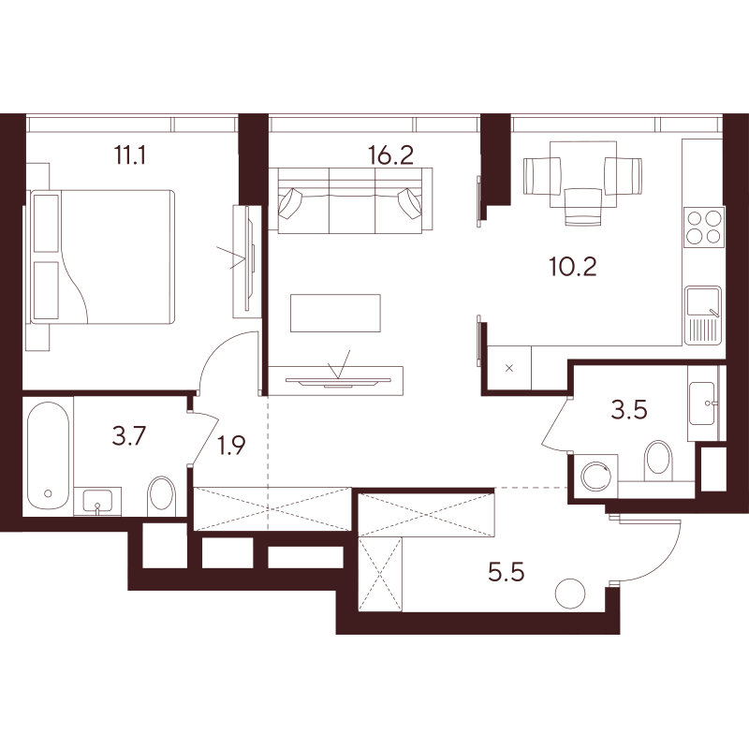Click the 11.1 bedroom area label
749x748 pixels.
coord(129,155)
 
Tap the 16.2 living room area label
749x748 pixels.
coord(390,155)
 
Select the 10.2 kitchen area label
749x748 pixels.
coord(573,267)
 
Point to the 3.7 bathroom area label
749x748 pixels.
coord(129,436)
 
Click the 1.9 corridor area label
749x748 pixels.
coord(231,446)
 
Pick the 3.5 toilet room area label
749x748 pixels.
coord(629,410)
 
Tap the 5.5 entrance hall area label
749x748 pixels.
coord(507,572)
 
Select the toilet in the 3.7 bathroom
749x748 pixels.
coord(162,496)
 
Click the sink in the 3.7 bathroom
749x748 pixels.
coord(97,501)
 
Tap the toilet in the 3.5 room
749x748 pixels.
coord(658,458)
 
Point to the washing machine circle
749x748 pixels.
coord(595,477)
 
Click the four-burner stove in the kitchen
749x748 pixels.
coord(704,227)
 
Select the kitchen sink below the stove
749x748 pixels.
coord(703,315)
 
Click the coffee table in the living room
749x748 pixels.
coord(335,313)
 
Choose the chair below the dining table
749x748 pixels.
coord(582,206)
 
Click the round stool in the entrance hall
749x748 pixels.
coord(570,594)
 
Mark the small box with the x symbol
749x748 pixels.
coord(509,368)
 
